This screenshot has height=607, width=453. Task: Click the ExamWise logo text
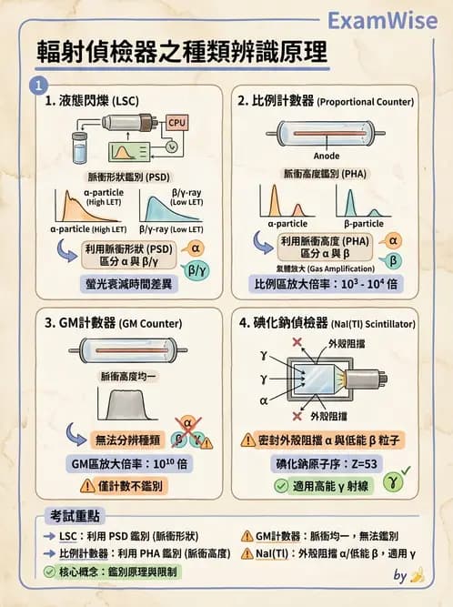382,20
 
